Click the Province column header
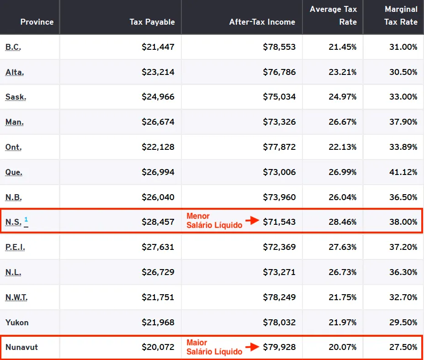pos(37,22)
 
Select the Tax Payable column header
pos(152,22)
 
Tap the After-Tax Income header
pos(262,22)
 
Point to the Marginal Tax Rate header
pos(401,16)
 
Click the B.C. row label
pos(13,47)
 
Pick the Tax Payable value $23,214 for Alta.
pos(158,72)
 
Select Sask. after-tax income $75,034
pos(279,97)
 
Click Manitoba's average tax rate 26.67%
pos(342,122)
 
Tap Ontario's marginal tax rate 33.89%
pos(403,147)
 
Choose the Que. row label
pos(14,172)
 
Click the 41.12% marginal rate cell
pos(403,172)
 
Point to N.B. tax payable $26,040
pos(158,197)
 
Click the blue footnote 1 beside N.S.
pos(26,219)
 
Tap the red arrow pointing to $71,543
pos(252,221)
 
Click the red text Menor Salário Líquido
pos(214,221)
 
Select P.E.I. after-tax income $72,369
pos(279,247)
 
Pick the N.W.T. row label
pos(16,297)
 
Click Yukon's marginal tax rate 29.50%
pos(403,323)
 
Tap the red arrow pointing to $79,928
pos(252,347)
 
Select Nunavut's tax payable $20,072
pos(158,347)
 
